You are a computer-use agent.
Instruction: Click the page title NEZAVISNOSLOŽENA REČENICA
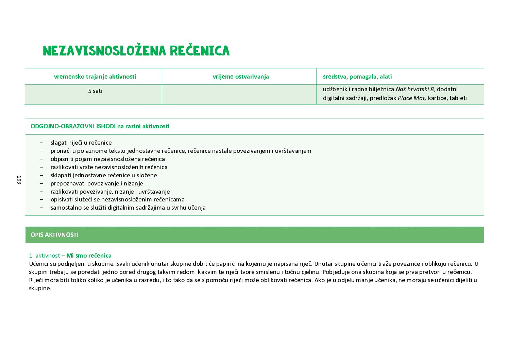pos(136,51)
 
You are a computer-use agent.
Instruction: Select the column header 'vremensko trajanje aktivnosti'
pos(95,77)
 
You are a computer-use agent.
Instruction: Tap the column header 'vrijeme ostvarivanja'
pos(241,77)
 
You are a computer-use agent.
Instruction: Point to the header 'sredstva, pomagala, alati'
pos(357,77)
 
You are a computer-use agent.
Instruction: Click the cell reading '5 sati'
pos(95,91)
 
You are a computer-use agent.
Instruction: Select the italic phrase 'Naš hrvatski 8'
pos(414,89)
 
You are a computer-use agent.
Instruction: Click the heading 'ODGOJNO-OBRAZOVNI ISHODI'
pos(73,126)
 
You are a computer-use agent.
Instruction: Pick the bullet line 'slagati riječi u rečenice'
pos(81,143)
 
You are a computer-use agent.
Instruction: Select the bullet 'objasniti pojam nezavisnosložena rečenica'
pos(107,159)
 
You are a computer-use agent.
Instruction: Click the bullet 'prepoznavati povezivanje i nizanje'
pos(97,183)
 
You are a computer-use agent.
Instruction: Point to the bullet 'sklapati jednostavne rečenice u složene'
pos(104,175)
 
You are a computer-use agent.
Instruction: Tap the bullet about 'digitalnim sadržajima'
pos(128,208)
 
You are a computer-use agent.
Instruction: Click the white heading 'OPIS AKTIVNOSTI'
pos(54,235)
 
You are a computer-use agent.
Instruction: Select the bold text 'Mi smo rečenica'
pos(89,256)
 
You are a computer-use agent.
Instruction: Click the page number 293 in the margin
pos(19,180)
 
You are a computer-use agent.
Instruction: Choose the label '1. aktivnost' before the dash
pos(45,256)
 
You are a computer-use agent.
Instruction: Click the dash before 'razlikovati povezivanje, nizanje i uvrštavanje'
pos(41,192)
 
